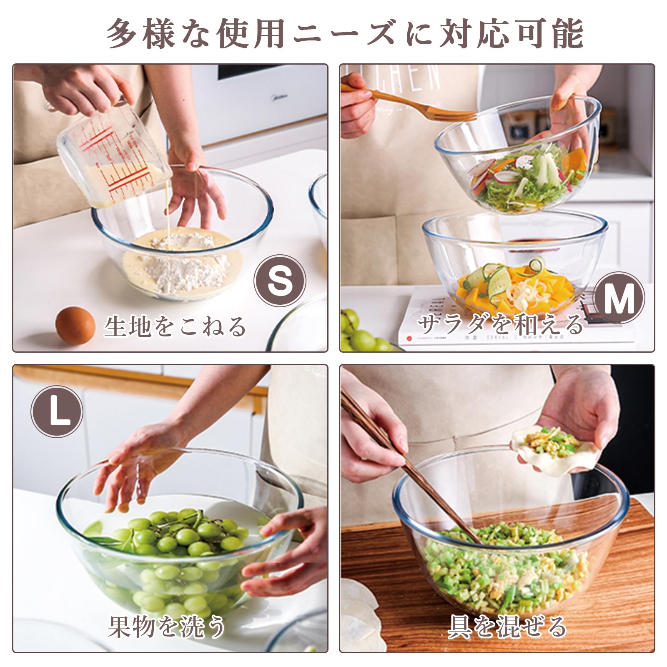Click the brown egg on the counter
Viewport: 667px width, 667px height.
(x=75, y=325)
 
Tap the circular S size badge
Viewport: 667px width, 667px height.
(x=280, y=281)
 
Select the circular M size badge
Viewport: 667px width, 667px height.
(x=619, y=298)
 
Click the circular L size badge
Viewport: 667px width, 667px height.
(x=57, y=411)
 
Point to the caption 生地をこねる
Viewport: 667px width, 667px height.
(x=175, y=326)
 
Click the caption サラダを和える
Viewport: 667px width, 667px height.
(x=500, y=324)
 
